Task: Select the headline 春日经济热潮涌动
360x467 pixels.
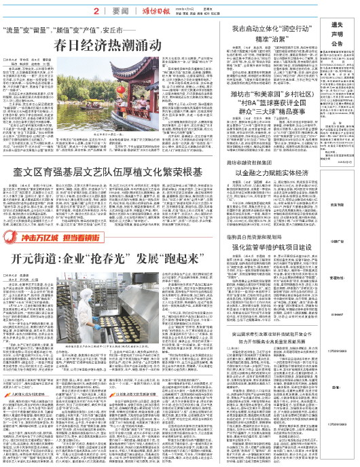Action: coord(110,46)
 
